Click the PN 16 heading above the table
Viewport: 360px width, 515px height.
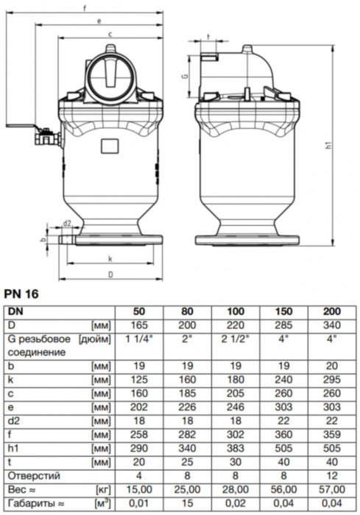24,294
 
